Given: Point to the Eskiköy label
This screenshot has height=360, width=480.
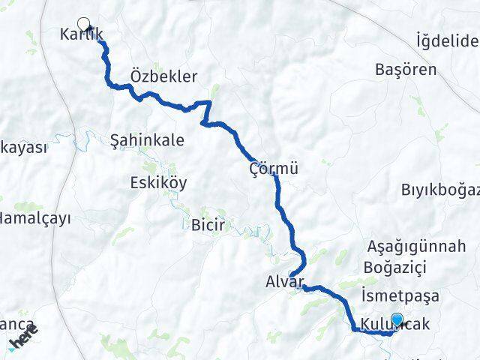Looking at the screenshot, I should [158, 183].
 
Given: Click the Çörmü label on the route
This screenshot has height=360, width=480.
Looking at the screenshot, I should [274, 169].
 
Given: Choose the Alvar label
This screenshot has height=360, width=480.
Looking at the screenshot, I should [284, 283].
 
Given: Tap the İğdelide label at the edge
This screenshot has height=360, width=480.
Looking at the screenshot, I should [448, 39].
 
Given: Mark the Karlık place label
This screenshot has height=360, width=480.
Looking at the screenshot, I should [80, 36].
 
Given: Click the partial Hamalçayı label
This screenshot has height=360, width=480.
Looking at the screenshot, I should [34, 219].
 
